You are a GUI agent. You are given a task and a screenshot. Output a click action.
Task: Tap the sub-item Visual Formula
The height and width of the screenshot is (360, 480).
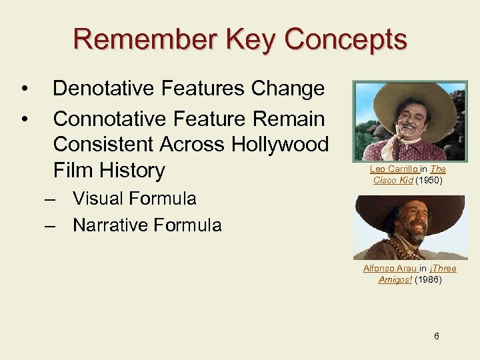(x=134, y=199)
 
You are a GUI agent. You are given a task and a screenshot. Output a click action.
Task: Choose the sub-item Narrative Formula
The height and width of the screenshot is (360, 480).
(x=147, y=225)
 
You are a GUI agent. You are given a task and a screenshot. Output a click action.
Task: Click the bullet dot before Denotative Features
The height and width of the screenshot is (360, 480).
(x=24, y=89)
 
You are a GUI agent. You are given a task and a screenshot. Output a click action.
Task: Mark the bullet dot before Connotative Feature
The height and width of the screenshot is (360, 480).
(x=24, y=119)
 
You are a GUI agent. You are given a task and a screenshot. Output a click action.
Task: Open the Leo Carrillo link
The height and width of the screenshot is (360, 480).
(x=393, y=169)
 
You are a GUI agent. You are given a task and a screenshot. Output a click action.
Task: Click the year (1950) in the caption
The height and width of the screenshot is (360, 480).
(x=430, y=180)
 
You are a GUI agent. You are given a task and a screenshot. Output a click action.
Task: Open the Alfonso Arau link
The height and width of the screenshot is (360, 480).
(x=389, y=268)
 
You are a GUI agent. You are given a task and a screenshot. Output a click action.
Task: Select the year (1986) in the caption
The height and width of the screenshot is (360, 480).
(x=428, y=279)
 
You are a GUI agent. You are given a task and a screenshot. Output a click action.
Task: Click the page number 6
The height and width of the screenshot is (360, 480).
(x=436, y=336)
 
